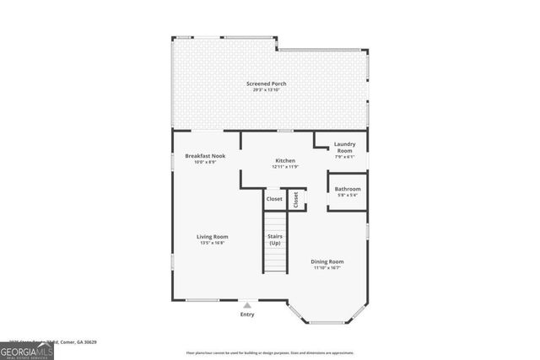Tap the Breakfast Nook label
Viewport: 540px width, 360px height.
pyautogui.click(x=205, y=156)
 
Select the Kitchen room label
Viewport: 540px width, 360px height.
pyautogui.click(x=284, y=160)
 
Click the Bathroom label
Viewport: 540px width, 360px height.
pyautogui.click(x=348, y=189)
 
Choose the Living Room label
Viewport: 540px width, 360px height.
pyautogui.click(x=212, y=237)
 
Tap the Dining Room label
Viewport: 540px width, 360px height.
pyautogui.click(x=328, y=261)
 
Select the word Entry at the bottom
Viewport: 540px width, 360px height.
pyautogui.click(x=246, y=314)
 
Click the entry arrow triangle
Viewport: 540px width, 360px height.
pyautogui.click(x=246, y=304)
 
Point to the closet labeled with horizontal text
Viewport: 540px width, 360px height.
pyautogui.click(x=274, y=199)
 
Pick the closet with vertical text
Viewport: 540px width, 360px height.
pyautogui.click(x=296, y=199)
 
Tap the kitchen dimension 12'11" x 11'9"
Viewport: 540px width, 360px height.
pyautogui.click(x=284, y=167)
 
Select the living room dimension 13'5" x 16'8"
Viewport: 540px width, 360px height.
pyautogui.click(x=212, y=244)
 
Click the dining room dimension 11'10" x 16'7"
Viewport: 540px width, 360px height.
pyautogui.click(x=328, y=268)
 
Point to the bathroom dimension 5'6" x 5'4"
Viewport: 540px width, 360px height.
pyautogui.click(x=348, y=196)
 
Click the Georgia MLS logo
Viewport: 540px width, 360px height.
pyautogui.click(x=27, y=349)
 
